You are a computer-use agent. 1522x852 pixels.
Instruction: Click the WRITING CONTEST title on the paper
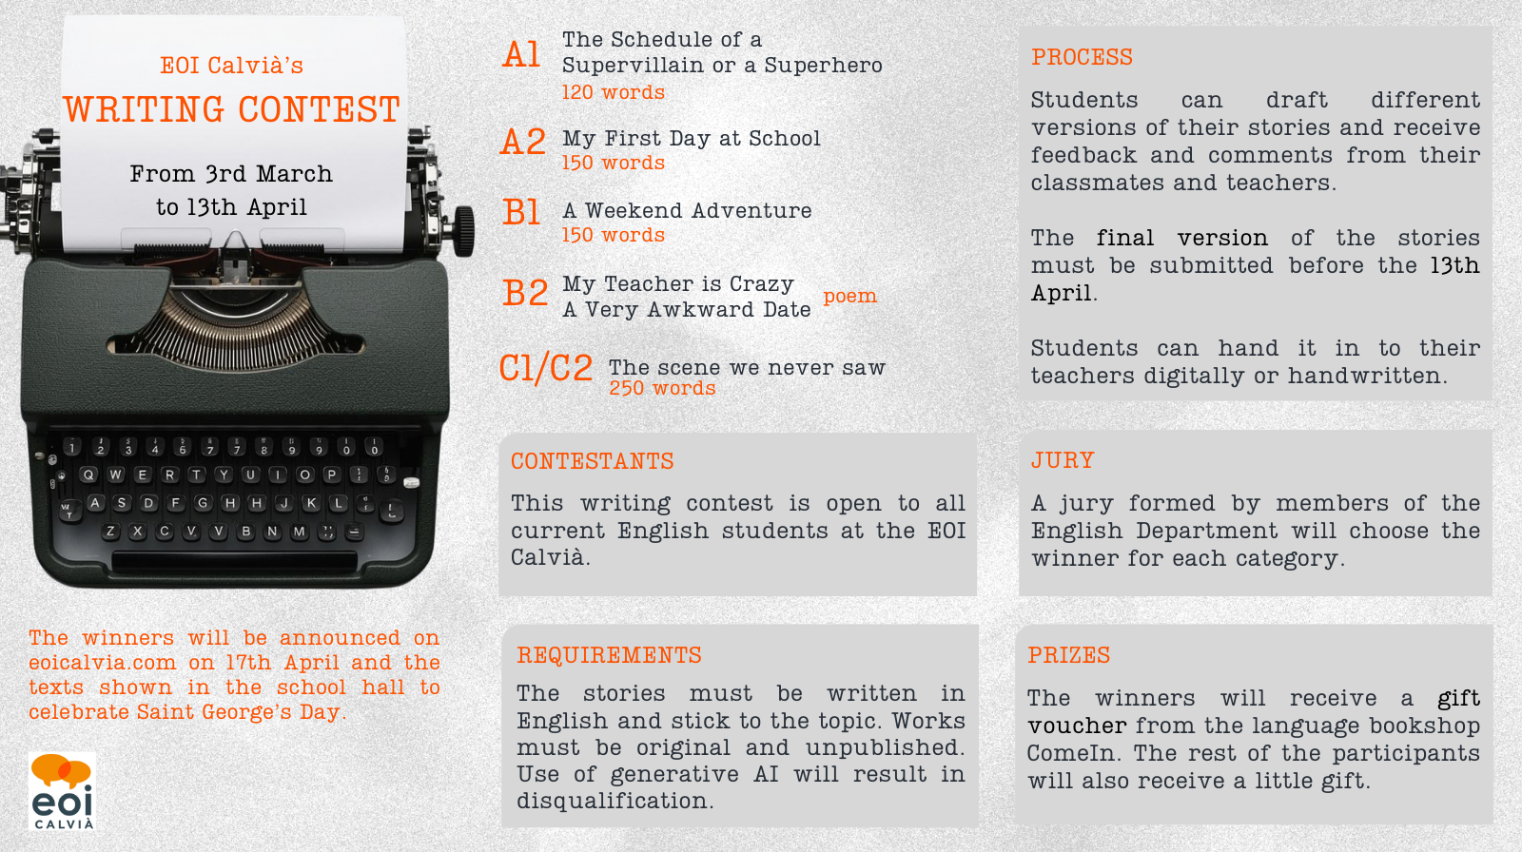click(232, 109)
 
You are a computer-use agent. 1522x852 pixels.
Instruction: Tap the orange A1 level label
click(521, 54)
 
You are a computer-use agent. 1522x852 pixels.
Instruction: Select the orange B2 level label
click(524, 293)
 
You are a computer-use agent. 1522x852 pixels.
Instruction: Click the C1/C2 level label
click(546, 368)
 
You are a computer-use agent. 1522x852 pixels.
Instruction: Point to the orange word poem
click(850, 297)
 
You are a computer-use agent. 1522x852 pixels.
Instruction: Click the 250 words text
click(662, 388)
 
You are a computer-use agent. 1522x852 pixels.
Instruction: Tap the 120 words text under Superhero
click(613, 91)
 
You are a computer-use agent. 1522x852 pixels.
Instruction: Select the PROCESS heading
click(1082, 57)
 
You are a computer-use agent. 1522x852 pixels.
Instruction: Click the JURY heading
click(1063, 460)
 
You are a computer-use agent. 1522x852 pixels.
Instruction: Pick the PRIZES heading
click(1069, 655)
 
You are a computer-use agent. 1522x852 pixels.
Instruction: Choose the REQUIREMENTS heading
click(609, 655)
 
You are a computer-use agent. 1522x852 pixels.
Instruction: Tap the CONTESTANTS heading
click(593, 461)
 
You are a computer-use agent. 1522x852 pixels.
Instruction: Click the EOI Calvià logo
click(62, 791)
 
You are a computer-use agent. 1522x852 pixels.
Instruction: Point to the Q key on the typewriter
click(88, 474)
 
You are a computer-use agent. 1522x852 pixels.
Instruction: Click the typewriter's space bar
click(234, 561)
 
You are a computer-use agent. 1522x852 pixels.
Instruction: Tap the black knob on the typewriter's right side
click(463, 232)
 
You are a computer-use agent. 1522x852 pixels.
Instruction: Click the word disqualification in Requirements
click(615, 801)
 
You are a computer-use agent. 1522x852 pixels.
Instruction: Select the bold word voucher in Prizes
click(1077, 726)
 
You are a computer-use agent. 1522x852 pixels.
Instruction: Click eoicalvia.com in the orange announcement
click(102, 663)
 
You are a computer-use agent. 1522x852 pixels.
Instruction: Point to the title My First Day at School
click(691, 139)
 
